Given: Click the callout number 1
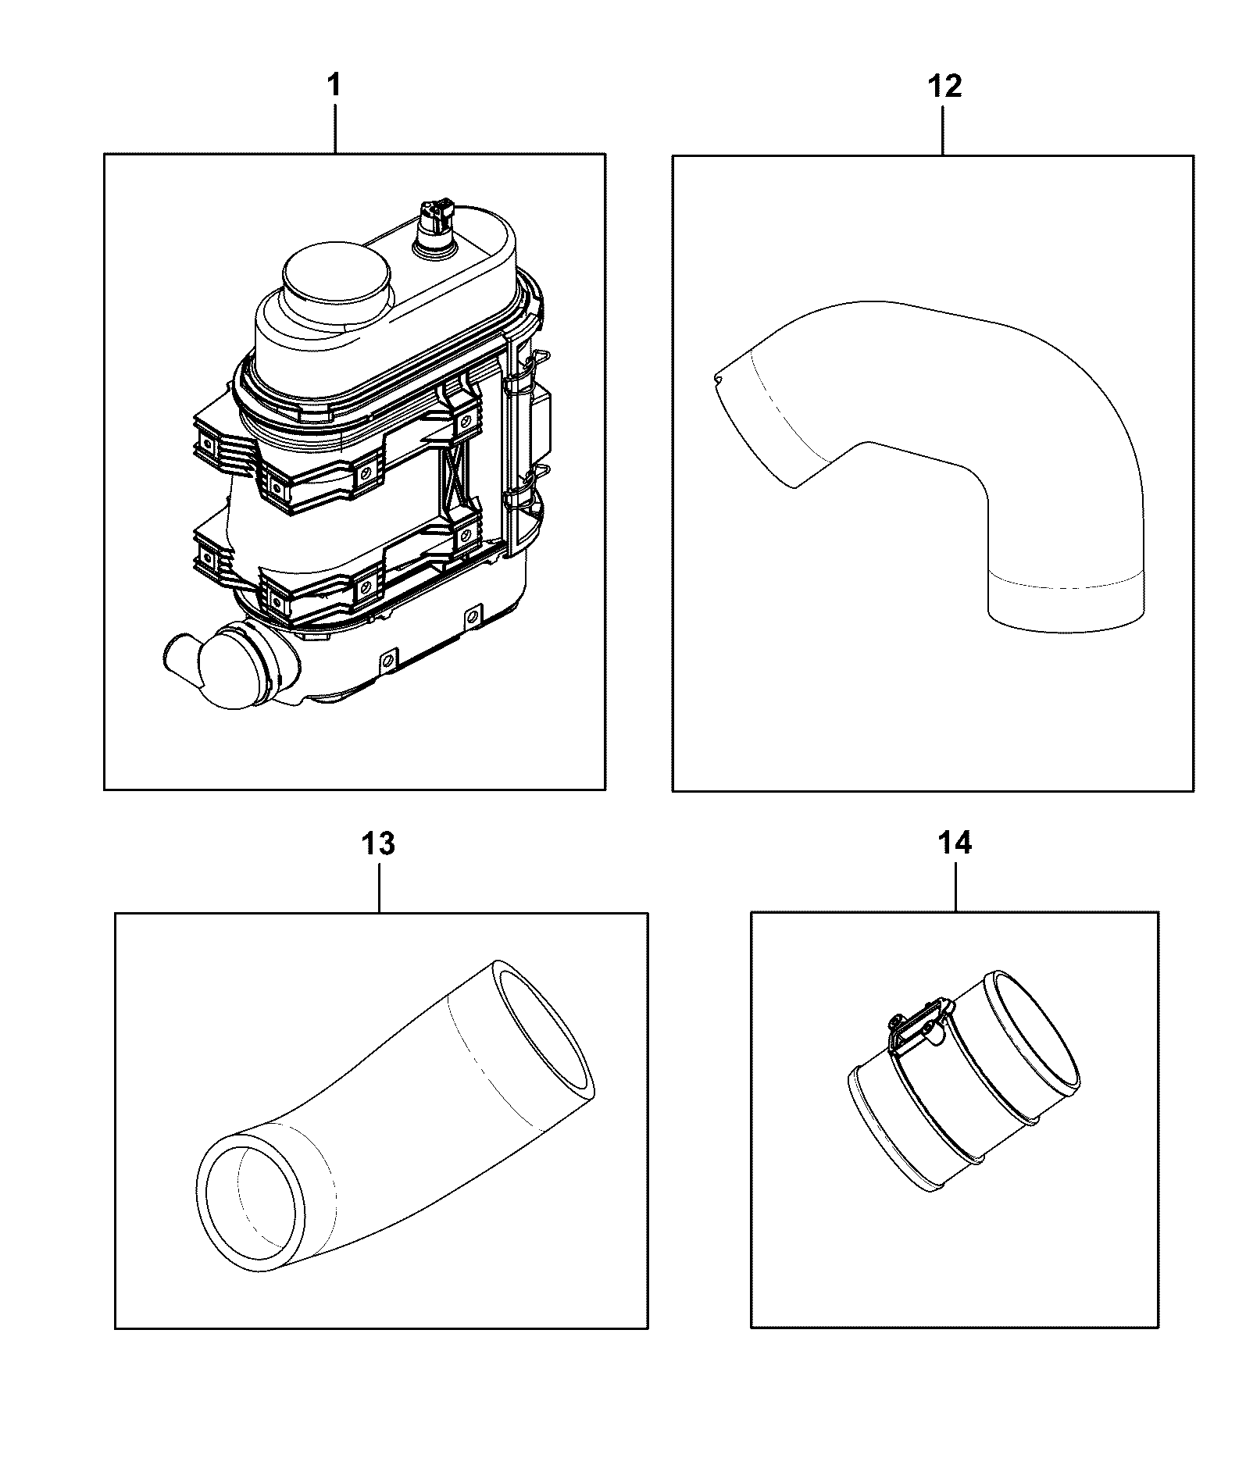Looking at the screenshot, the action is [x=334, y=86].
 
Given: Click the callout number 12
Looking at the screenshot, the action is [x=944, y=86].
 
